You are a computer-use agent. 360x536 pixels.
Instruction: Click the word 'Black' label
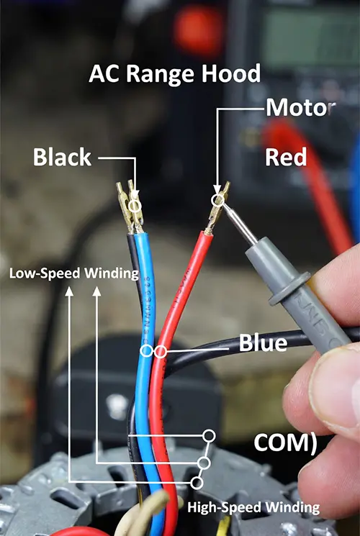pos(62,157)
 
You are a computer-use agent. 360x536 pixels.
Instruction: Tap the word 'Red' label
pos(286,158)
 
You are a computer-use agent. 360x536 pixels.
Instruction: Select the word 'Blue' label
pos(263,342)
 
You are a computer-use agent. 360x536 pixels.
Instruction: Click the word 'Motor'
pos(300,108)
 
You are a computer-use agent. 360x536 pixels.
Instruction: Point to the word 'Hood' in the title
pos(231,74)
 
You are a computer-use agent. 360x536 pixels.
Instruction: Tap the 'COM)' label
pos(285,443)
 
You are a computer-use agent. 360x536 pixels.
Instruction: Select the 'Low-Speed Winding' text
pos(74,273)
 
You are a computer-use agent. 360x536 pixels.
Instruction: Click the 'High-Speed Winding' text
pos(253,507)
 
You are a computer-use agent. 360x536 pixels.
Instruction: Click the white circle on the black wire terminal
pos(135,206)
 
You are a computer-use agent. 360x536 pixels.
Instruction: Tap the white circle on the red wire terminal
pos(217,200)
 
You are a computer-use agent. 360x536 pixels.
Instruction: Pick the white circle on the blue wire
pos(146,351)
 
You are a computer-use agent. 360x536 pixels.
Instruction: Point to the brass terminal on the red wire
pos(216,209)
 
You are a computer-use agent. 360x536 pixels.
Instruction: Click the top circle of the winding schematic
pos(209,436)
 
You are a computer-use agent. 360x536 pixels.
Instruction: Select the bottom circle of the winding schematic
pos(197,483)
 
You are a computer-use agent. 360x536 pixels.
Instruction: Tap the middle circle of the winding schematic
pos(204,463)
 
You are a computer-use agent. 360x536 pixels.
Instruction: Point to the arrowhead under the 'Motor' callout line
pos(217,190)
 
